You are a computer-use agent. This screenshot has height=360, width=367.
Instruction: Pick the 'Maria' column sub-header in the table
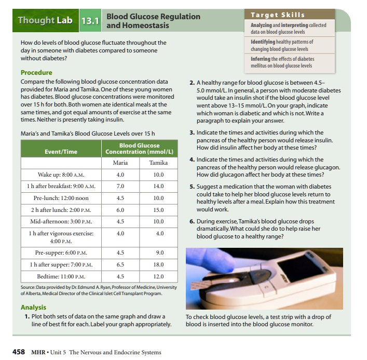[120, 163]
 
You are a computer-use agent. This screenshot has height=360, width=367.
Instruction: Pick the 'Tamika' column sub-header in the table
[158, 163]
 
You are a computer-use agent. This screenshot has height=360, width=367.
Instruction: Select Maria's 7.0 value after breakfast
[120, 185]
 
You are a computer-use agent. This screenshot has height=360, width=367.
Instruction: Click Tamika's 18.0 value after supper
[158, 264]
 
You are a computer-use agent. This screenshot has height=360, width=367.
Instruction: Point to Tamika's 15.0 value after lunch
[158, 210]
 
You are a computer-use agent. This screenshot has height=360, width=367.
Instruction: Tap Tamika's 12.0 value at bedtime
[158, 276]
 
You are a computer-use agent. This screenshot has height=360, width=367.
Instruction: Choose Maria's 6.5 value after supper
[120, 264]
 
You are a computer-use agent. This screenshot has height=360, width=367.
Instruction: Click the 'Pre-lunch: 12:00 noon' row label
[61, 198]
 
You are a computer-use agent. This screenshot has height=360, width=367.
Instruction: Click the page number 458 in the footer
[19, 352]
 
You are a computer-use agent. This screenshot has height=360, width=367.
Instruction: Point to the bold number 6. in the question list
[192, 221]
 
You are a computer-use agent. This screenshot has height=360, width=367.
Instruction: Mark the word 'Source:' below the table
[29, 287]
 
